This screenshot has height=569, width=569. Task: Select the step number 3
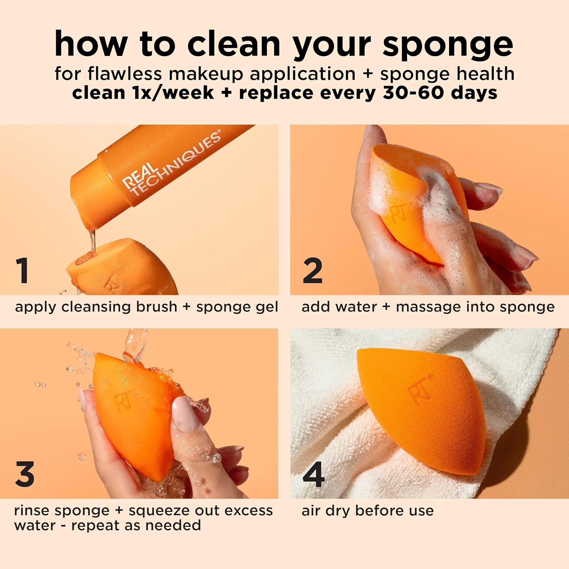pos(25,474)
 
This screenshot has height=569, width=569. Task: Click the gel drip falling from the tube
pos(91,239)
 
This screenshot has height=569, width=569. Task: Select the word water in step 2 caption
pos(339,307)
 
